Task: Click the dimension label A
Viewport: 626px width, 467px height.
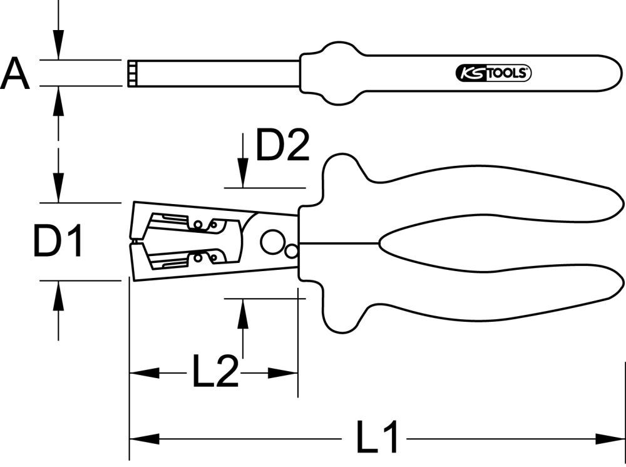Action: [x=15, y=73]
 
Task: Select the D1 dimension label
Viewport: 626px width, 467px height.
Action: [x=58, y=242]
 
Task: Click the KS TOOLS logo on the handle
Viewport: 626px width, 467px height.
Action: [x=491, y=73]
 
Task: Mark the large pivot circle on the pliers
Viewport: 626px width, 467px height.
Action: [x=273, y=241]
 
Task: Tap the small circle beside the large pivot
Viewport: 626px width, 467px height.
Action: [x=291, y=250]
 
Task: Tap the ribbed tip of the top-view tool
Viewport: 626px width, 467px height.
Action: [x=132, y=73]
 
